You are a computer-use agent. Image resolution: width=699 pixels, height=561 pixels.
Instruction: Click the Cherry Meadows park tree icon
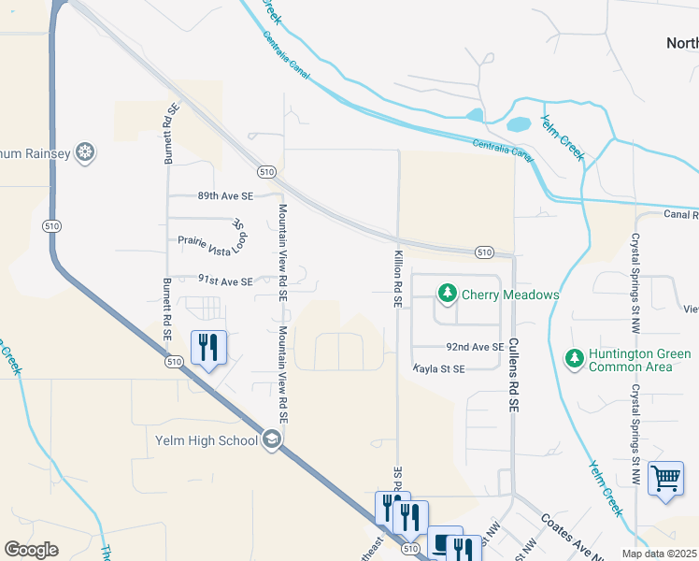[x=448, y=295]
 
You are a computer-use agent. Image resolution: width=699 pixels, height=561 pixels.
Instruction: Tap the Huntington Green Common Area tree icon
[x=574, y=358]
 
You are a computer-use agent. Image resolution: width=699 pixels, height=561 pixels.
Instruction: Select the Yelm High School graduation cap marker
[x=272, y=440]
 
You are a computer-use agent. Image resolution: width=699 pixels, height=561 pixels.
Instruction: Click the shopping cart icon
[x=665, y=478]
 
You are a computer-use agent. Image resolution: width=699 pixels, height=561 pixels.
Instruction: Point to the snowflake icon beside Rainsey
[x=85, y=152]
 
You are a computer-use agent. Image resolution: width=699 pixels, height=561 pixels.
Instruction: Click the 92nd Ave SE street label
[x=475, y=346]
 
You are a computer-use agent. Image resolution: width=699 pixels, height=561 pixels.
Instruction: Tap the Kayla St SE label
[x=439, y=369]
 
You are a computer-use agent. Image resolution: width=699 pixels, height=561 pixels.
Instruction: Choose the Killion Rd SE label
[x=398, y=279]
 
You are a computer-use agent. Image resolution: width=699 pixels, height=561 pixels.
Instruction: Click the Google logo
[x=32, y=550]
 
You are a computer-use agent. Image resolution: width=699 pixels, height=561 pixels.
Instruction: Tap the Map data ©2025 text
[x=659, y=554]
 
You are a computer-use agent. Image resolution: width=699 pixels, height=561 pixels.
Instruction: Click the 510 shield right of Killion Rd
[x=483, y=252]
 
